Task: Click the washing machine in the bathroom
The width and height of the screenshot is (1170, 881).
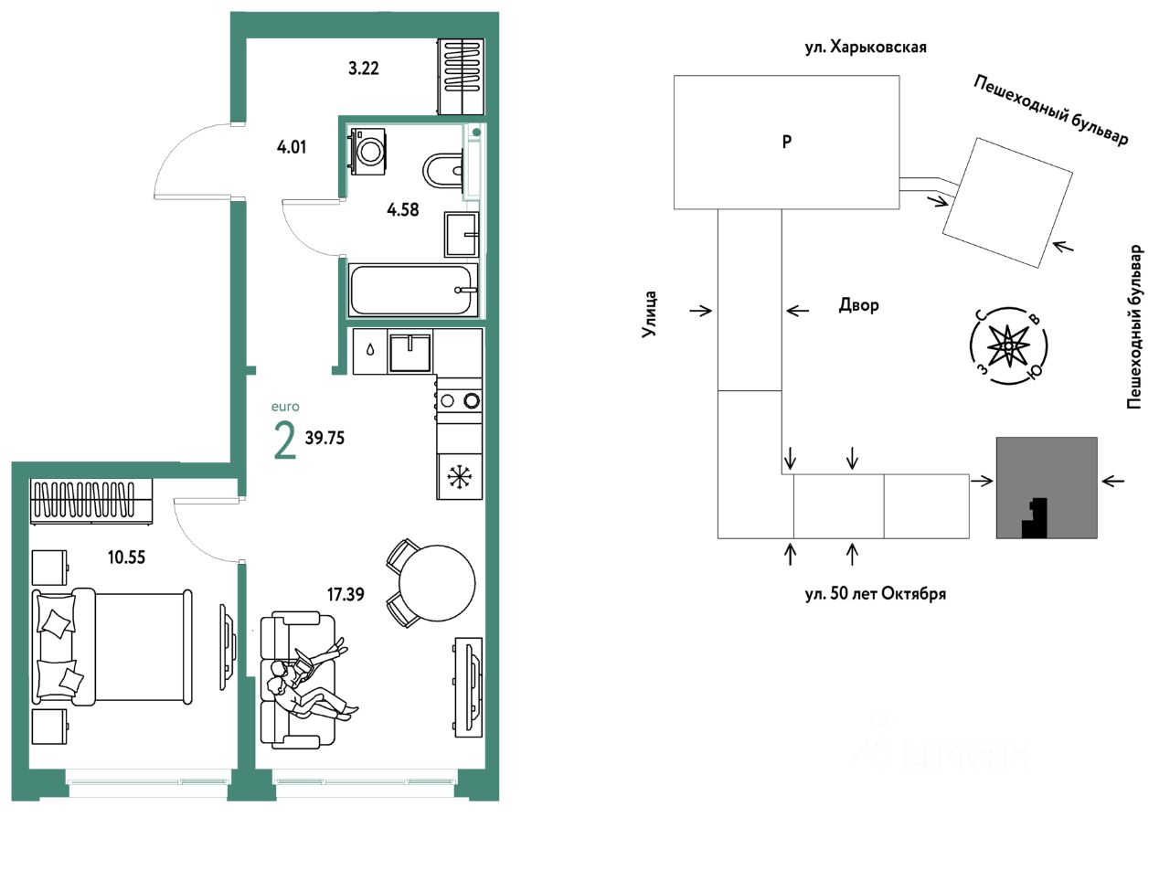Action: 367,150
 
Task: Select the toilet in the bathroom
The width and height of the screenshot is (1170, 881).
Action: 443,171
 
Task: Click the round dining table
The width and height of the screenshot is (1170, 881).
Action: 437,583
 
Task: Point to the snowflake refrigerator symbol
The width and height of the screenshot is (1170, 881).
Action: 457,476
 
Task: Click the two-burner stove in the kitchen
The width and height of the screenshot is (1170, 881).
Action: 460,400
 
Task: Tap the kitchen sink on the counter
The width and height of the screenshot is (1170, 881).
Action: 409,352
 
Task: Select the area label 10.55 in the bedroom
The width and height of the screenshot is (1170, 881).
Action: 126,557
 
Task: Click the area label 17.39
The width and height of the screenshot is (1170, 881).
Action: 346,594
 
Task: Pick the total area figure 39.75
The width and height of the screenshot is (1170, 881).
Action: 324,438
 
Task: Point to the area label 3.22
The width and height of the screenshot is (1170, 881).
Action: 364,69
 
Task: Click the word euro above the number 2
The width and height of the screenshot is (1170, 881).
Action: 285,407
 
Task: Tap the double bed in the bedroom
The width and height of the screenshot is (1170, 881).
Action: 112,646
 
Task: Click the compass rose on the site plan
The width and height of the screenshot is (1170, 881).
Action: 1008,345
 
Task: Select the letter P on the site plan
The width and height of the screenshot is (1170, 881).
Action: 787,142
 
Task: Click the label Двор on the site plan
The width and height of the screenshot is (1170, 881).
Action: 858,305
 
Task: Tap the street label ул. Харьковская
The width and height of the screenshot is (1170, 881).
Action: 866,48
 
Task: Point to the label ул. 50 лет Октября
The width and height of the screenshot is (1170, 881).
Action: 876,594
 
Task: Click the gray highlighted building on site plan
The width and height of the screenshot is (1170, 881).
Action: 1047,488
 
